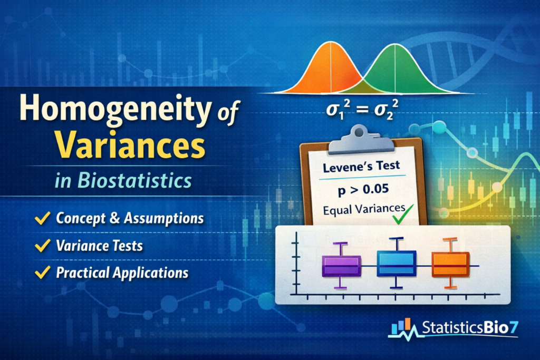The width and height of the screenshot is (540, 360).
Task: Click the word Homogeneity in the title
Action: pos(114,110)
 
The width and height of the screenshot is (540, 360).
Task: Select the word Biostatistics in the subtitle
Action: pos(134,180)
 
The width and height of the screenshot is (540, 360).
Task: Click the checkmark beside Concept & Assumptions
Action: pos(43,218)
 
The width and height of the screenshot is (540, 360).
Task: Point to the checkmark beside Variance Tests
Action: pos(43,246)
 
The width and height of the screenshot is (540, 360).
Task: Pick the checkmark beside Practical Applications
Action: pos(43,272)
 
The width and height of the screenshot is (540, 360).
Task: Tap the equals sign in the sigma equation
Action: pos(362,110)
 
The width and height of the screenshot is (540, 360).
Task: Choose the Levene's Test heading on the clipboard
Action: pos(361,167)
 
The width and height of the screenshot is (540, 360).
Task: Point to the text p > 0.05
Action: pos(363,190)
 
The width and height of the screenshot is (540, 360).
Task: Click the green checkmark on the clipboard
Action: pos(402,214)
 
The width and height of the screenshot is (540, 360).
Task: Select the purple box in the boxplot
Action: pos(341,266)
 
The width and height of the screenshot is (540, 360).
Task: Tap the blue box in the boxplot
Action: pos(397,264)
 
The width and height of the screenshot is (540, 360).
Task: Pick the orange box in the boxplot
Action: pos(450,265)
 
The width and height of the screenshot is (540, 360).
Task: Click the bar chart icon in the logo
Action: pos(401,326)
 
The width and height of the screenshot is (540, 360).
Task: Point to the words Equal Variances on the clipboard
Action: pos(364,209)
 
